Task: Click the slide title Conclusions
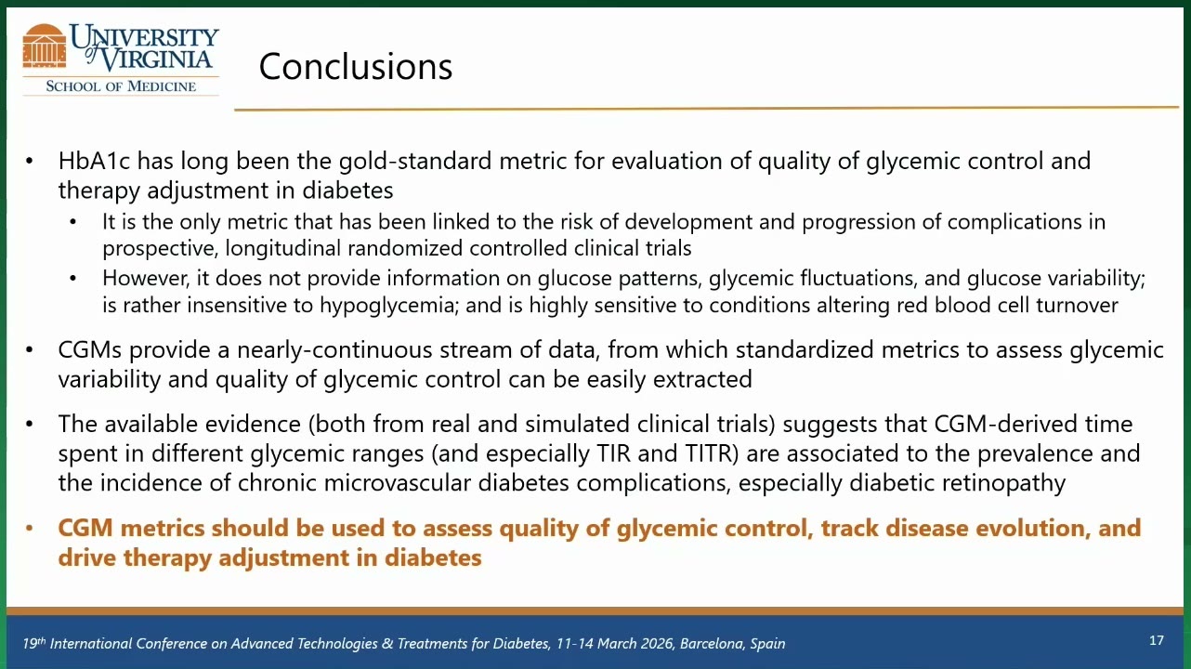tap(355, 67)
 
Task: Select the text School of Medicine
tap(121, 86)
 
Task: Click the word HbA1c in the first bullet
tap(94, 161)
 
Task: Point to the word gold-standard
tap(415, 161)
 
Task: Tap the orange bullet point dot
tap(30, 529)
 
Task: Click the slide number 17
tap(1157, 640)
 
